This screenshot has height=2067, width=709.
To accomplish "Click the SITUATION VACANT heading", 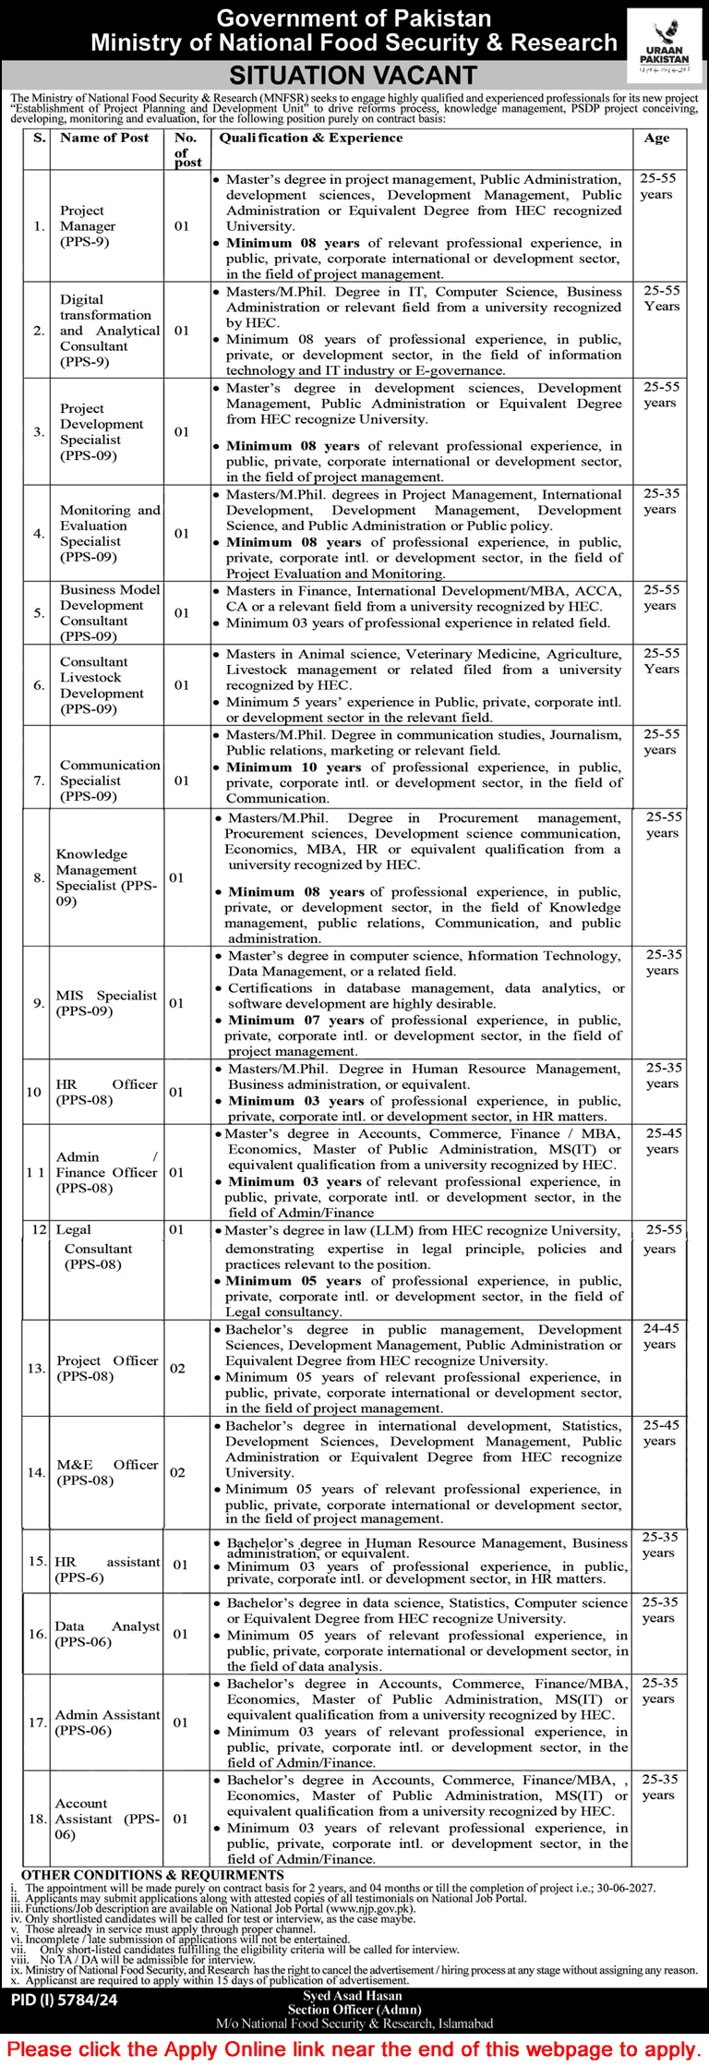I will tap(353, 76).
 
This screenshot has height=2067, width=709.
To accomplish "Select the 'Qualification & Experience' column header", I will tap(310, 138).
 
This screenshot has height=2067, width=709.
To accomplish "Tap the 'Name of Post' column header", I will tap(104, 138).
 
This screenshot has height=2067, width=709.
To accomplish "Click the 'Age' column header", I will tap(656, 138).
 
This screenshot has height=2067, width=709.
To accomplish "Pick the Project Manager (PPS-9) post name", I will tap(88, 226).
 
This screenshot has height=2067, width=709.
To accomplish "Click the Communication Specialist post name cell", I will tap(109, 780).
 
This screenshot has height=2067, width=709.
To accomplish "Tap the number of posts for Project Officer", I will tap(178, 1369).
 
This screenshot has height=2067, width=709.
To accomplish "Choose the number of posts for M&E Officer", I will tap(178, 1472).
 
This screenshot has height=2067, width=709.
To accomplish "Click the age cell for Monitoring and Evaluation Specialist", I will tap(660, 502).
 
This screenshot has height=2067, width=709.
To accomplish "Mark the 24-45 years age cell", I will tap(660, 1336).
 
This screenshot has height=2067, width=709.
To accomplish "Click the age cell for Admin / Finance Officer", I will tap(662, 1141).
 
